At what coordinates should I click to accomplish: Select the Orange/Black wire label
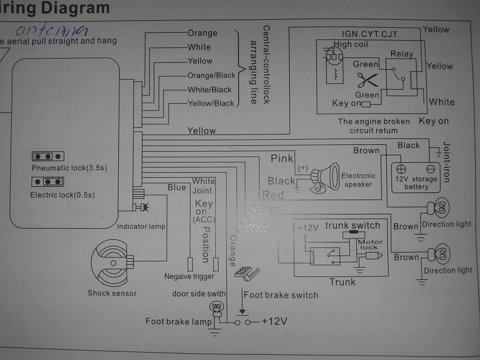click(211, 76)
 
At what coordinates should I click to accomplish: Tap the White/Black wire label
click(210, 90)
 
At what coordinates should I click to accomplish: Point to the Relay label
click(401, 54)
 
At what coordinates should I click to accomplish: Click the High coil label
click(350, 44)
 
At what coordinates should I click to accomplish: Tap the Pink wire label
click(282, 158)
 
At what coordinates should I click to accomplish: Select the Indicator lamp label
click(141, 227)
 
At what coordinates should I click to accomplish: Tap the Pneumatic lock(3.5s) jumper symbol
click(47, 156)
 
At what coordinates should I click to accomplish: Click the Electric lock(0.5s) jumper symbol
click(47, 183)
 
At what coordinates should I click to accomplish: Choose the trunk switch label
click(352, 225)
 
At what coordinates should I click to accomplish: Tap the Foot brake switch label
click(281, 295)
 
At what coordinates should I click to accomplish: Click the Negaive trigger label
click(189, 277)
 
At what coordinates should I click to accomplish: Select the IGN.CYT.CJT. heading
click(370, 34)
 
